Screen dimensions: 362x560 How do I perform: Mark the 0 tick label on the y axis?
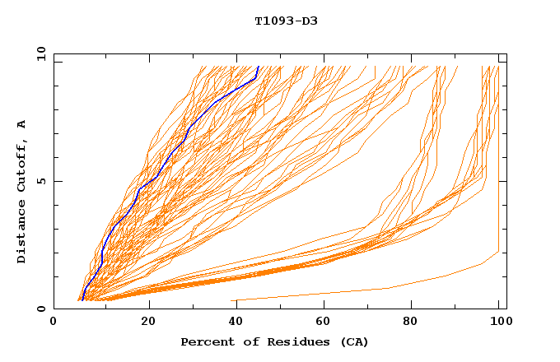tap(40, 309)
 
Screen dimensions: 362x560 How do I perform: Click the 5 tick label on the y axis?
tap(40, 181)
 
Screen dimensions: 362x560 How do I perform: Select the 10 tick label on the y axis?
tap(40, 53)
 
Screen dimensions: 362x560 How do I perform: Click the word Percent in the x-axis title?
tap(204, 341)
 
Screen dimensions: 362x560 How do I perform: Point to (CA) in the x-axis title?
tap(352, 341)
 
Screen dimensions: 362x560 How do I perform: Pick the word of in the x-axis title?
tap(245, 341)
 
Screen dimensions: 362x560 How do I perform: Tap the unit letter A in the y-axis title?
tap(22, 124)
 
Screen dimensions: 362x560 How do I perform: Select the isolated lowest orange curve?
tap(387, 288)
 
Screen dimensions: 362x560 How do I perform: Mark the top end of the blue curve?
tap(259, 67)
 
